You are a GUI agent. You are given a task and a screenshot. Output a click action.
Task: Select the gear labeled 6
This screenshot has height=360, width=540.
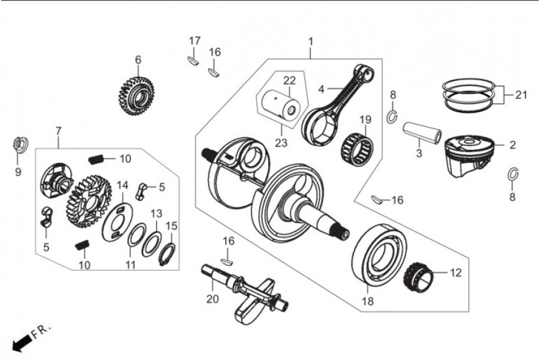pyautogui.click(x=136, y=97)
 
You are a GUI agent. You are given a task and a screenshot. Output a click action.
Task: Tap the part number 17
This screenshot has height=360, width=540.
pyautogui.click(x=194, y=41)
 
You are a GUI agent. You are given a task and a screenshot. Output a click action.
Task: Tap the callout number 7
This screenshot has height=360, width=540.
pyautogui.click(x=58, y=131)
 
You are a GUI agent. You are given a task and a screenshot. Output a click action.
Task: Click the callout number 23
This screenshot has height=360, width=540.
pyautogui.click(x=281, y=142)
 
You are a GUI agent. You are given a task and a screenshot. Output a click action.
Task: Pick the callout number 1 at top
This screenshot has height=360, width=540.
pyautogui.click(x=311, y=41)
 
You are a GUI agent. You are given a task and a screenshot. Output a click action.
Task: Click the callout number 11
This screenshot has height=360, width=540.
pyautogui.click(x=130, y=265)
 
